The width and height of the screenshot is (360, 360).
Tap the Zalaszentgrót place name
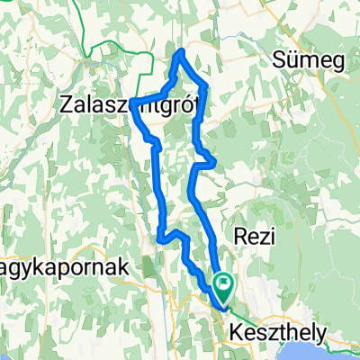[121, 105]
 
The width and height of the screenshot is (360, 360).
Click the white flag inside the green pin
[222, 284]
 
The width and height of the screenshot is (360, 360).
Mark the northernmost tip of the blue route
[183, 51]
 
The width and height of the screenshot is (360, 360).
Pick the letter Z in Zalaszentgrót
[65, 104]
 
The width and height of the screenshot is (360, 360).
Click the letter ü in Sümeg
[292, 62]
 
